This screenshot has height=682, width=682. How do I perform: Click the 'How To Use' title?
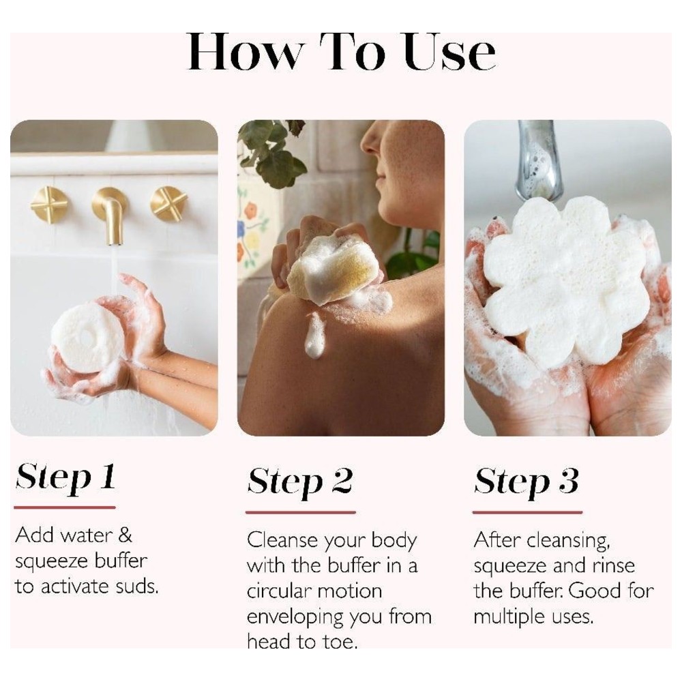(341, 51)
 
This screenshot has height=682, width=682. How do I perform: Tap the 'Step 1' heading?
(65, 477)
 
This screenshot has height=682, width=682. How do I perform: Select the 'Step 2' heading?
(299, 481)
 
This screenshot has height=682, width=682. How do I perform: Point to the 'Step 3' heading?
(527, 481)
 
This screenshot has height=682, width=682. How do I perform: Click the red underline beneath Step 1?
(65, 507)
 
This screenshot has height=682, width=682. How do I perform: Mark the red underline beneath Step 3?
(527, 512)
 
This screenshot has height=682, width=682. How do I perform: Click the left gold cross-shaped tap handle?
(49, 204)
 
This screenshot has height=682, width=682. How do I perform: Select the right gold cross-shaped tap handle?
(168, 204)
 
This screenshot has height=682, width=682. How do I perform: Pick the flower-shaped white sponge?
(566, 280)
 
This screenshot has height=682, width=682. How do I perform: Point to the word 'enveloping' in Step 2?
(295, 617)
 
